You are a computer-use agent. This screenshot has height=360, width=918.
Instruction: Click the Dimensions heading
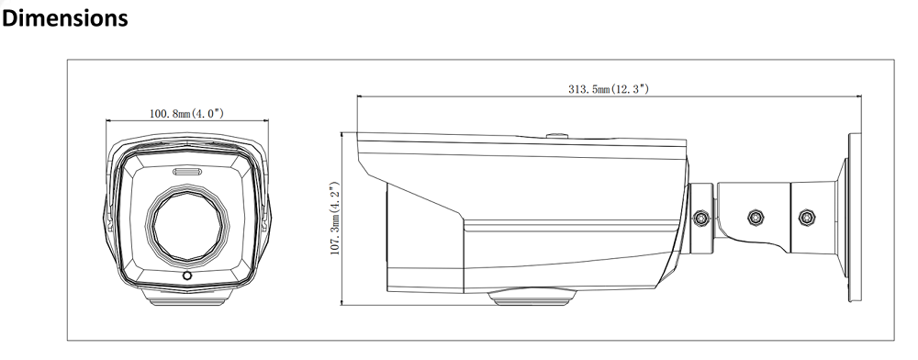point(64,18)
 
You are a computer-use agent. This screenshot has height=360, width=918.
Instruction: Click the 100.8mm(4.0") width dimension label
point(186,113)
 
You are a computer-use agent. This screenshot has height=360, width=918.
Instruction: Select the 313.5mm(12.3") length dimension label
point(609,89)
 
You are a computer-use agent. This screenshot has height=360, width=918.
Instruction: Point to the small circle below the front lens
point(187,276)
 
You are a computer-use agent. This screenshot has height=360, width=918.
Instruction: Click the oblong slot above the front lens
point(187,172)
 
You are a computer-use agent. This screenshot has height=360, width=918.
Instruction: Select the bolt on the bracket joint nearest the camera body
point(700,219)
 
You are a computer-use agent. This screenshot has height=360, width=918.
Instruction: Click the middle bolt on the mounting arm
point(756,218)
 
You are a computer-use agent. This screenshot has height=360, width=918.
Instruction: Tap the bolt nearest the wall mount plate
point(807,217)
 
